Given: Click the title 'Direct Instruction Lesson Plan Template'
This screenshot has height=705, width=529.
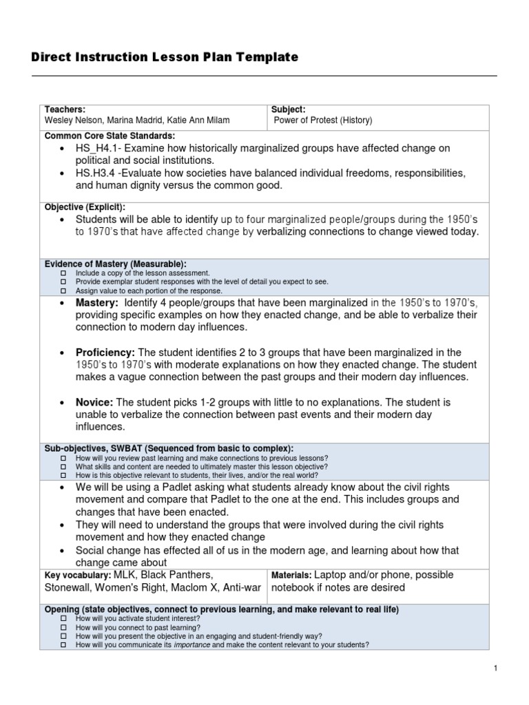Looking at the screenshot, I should (x=165, y=58).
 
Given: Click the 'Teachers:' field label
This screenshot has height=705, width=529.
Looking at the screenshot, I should (x=65, y=109).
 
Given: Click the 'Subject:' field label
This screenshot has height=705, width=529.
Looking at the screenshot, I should (x=288, y=109).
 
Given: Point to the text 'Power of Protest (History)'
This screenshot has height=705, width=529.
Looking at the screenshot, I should (x=323, y=120).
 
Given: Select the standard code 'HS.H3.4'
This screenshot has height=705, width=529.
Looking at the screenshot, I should (x=96, y=172).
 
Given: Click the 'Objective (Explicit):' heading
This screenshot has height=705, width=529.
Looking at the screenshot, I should (x=85, y=207).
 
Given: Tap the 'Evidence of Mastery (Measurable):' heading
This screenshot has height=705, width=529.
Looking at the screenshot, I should (x=115, y=264).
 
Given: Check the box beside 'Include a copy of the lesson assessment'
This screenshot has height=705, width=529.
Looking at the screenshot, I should (x=63, y=273).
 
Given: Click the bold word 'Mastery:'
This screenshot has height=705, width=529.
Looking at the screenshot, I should (x=97, y=303).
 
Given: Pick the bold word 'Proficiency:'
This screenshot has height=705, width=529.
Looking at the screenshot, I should (x=105, y=352).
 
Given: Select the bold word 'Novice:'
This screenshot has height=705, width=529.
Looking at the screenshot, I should (x=95, y=402).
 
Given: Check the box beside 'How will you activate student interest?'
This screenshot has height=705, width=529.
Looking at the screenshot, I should (x=63, y=619).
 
